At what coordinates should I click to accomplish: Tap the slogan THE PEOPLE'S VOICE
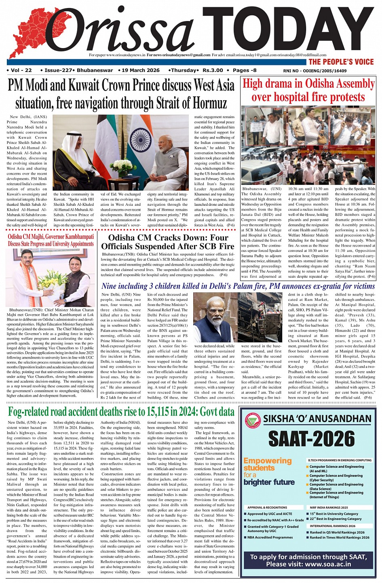point(341,62)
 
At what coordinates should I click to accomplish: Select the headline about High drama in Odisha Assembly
point(308,90)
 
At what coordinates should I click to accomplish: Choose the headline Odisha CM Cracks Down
point(167,242)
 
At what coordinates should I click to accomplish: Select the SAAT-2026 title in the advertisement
point(311,439)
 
